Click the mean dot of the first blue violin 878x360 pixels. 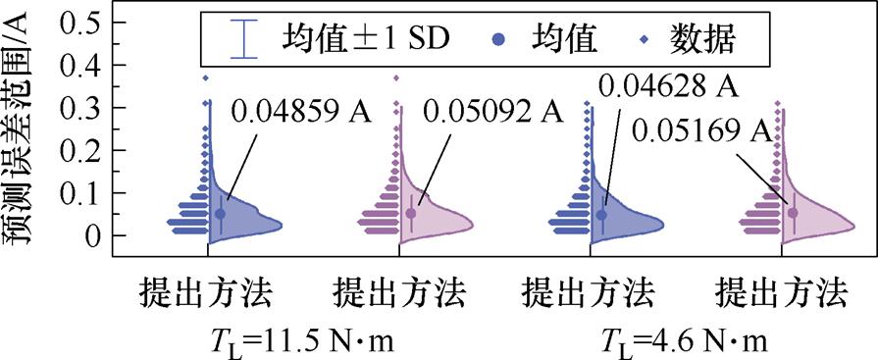click(x=221, y=213)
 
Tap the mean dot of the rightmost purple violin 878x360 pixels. click(x=793, y=211)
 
